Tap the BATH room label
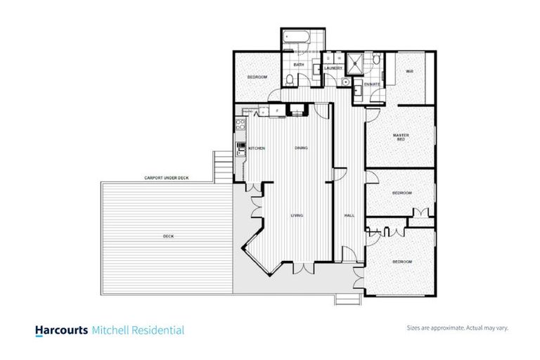point(299,65)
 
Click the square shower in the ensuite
point(355,61)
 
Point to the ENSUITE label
point(373,84)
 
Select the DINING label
point(301,148)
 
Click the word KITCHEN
point(257,148)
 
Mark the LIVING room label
point(297,215)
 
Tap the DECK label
point(168,236)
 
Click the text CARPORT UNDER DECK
point(167,178)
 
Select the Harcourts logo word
point(61,330)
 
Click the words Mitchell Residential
point(138,330)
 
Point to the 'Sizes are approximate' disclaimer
point(457,328)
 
